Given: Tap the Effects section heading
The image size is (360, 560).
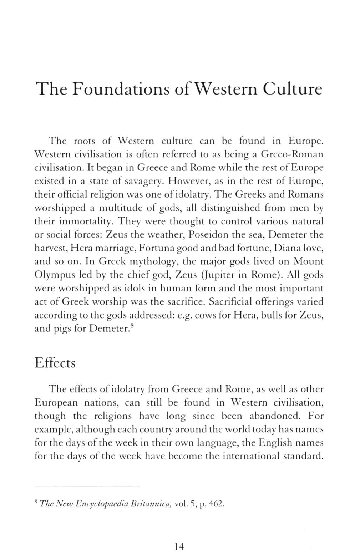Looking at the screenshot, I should click(55, 363).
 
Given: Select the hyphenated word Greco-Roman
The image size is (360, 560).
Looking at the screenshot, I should click(292, 154).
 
